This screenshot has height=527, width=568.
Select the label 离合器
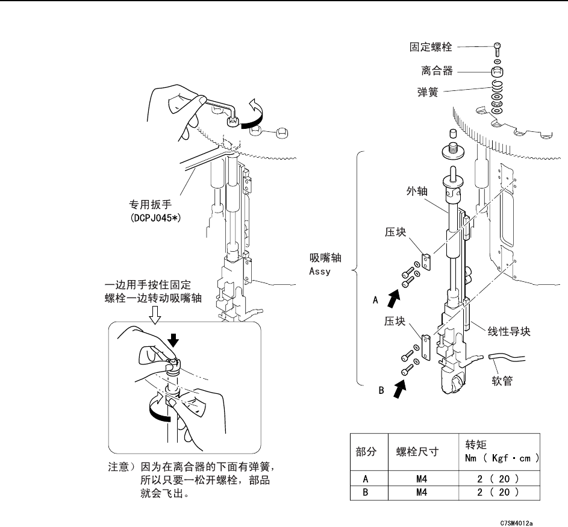click(436, 70)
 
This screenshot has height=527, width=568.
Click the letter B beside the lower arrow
click(381, 390)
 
